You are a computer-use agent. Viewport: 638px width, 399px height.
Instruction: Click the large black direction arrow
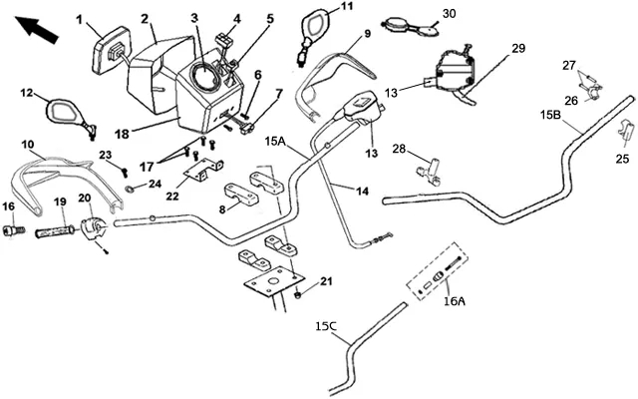click(36, 29)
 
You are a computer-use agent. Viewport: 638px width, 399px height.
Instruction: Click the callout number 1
click(79, 19)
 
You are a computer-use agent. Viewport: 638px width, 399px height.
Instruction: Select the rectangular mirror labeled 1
click(112, 51)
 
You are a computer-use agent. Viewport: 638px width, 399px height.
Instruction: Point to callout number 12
click(27, 93)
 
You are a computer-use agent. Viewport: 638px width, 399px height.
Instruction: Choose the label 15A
click(275, 142)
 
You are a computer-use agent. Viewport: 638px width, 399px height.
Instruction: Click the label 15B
click(550, 115)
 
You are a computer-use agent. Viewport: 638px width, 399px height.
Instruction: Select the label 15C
click(326, 326)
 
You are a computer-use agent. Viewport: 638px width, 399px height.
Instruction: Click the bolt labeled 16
click(14, 230)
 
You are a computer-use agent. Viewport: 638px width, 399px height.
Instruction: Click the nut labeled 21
click(297, 293)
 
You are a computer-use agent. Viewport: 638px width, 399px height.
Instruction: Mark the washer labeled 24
click(130, 189)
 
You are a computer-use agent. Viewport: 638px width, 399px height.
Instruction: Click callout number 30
click(450, 13)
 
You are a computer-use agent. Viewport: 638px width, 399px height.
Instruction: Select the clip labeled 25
click(626, 130)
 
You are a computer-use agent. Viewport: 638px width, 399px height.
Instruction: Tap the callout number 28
click(399, 149)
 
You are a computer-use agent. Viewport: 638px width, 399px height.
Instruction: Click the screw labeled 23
click(125, 173)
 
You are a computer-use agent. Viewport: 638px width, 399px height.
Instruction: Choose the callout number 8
click(222, 209)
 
